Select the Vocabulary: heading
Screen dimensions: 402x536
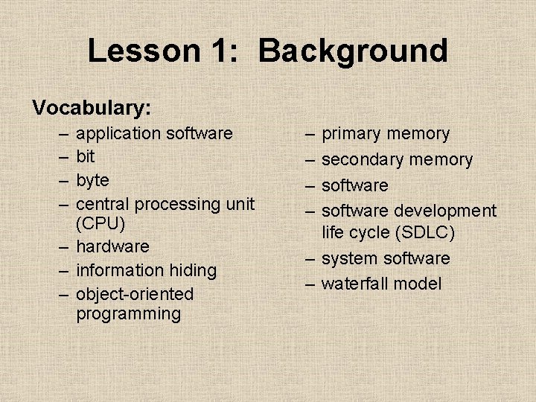coord(92,108)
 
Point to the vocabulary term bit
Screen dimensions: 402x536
coord(85,157)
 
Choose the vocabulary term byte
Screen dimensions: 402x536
coord(92,181)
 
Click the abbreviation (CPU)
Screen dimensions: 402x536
coord(100,223)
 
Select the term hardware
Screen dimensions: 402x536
coord(112,246)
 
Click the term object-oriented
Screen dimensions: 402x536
coord(134,294)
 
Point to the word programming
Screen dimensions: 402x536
coord(128,313)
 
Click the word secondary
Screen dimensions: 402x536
coord(358,159)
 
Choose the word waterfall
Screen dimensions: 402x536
coord(354,284)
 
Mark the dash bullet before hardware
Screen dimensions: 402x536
coord(65,246)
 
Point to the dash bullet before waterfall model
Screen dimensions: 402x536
coord(310,284)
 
